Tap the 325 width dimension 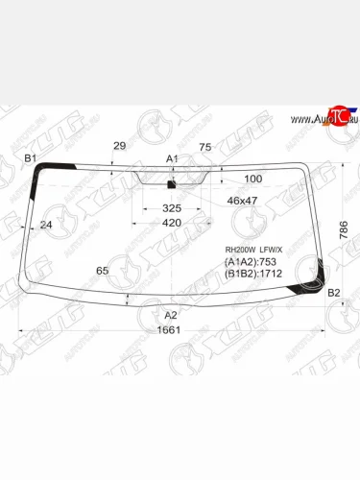pos(172,207)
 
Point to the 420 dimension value pos(172,223)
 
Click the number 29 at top pos(119,146)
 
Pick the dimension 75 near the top pos(204,147)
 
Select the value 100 pos(252,180)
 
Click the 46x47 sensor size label pos(242,200)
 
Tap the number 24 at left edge pos(46,225)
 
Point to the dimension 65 pos(102,271)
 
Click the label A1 pos(172,157)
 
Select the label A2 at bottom pos(171,315)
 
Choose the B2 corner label pos(334,292)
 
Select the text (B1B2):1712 pos(256,274)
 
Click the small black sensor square pos(172,183)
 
